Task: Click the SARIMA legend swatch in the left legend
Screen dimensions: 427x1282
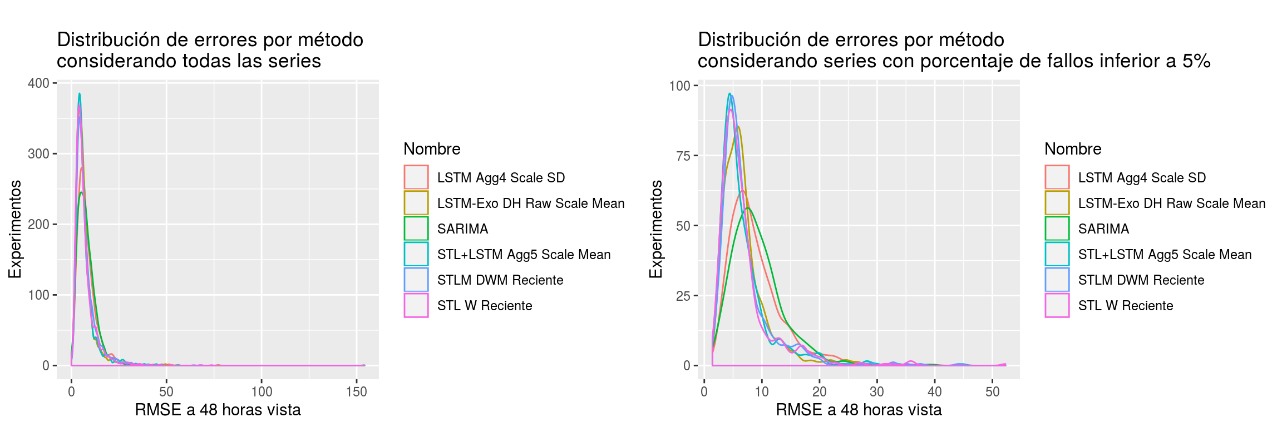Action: [x=416, y=229]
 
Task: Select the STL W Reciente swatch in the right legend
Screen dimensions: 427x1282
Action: [x=1057, y=305]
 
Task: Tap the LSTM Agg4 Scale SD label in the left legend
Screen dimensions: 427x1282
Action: [x=501, y=178]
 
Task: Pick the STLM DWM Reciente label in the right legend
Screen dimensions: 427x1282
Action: [x=1141, y=280]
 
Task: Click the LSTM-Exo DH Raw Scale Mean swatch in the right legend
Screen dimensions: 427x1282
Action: [x=1057, y=203]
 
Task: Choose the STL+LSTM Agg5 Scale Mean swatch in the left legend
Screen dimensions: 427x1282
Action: [x=416, y=254]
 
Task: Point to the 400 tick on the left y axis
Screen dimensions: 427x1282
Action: [x=39, y=83]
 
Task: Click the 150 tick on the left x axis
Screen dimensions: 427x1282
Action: [x=356, y=392]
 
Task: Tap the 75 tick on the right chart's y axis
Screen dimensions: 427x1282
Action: [x=683, y=156]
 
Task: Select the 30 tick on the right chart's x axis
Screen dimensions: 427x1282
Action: [x=877, y=392]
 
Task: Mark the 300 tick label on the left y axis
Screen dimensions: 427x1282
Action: [x=39, y=154]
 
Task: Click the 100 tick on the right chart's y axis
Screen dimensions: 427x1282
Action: [x=680, y=86]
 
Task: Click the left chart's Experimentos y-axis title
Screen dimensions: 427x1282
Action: [x=15, y=229]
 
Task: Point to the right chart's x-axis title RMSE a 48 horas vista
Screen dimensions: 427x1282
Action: [x=859, y=410]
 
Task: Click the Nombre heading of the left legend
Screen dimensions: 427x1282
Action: [x=432, y=149]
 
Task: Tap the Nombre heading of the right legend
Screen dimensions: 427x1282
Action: [x=1073, y=149]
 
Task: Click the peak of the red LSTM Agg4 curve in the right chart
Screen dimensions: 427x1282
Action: [x=742, y=191]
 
